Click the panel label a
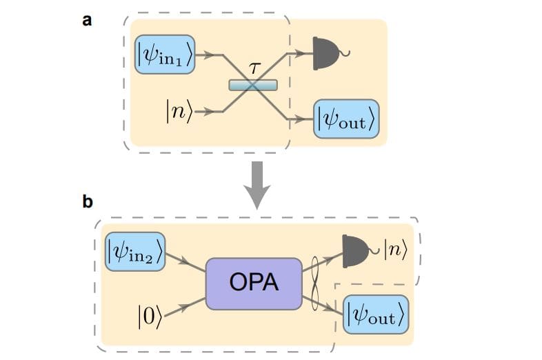point(87,20)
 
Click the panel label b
point(88,201)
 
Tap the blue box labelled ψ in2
point(135,252)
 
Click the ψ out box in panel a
point(346,119)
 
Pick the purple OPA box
point(254,283)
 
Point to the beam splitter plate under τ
point(253,85)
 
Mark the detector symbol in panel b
point(356,250)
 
